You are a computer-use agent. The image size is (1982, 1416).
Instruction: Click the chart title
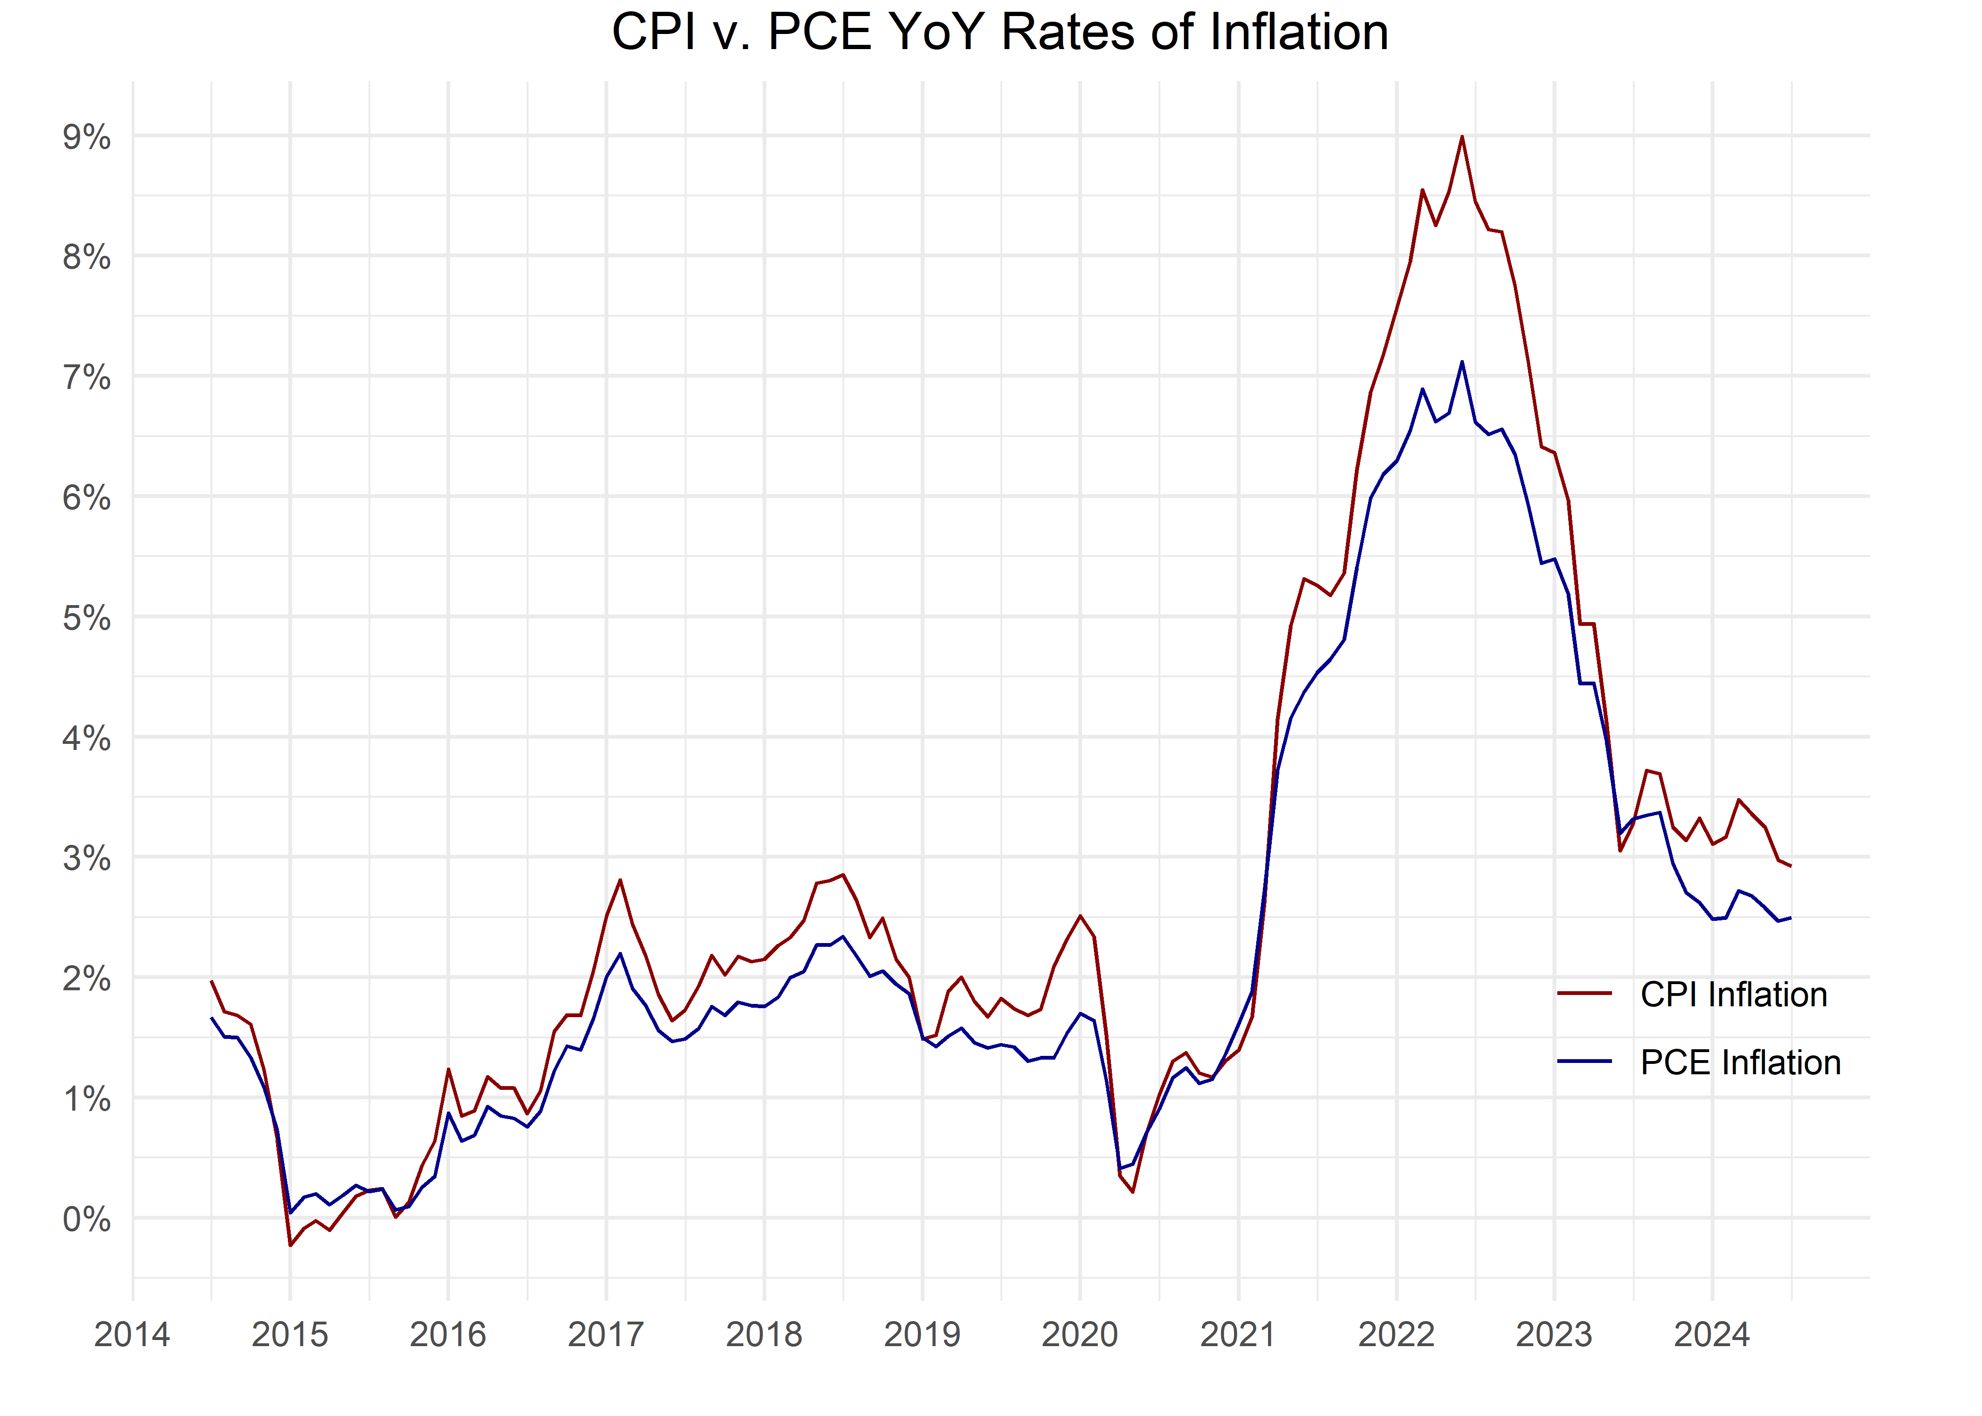(x=999, y=33)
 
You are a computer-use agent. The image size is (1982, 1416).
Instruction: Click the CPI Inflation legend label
(x=1733, y=995)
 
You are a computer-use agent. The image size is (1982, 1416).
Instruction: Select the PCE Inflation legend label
(x=1740, y=1063)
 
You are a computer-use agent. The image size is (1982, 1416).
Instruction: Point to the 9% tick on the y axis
(x=86, y=137)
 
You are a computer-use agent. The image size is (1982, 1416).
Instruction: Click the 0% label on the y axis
(x=86, y=1219)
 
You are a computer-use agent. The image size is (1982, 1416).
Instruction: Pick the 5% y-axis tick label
(x=86, y=618)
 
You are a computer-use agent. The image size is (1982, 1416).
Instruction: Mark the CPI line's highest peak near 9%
(x=1461, y=137)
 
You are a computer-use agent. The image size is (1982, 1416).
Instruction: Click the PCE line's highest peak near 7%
(x=1461, y=362)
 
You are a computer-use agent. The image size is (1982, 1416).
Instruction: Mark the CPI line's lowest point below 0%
(x=290, y=1245)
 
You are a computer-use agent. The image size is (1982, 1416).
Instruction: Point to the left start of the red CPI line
(x=212, y=982)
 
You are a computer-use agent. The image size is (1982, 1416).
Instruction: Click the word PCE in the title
(x=819, y=33)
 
